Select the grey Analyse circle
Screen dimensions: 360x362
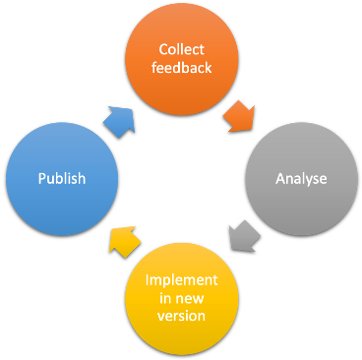(301, 179)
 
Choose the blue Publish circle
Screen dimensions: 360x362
(62, 179)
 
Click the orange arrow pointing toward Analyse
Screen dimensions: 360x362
(240, 116)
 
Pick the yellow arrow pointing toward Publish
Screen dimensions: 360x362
(122, 240)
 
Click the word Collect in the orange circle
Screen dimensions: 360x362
(181, 50)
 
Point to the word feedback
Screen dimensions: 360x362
(181, 67)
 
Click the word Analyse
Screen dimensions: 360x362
(301, 179)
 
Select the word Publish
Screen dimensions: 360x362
(62, 179)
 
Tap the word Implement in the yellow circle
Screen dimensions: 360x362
(181, 281)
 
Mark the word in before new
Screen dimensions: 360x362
(165, 298)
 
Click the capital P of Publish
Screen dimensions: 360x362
(42, 179)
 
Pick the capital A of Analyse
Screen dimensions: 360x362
(280, 179)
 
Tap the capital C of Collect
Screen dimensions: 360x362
(162, 50)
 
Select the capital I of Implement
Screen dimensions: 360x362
(148, 281)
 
